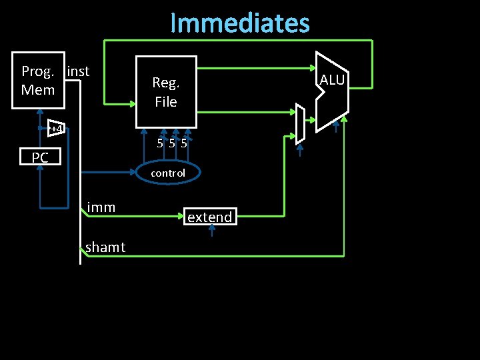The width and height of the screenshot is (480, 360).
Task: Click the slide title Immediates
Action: pyautogui.click(x=240, y=23)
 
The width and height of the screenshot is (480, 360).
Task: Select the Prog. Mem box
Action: pyautogui.click(x=39, y=80)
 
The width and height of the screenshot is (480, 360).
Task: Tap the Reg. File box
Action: pyautogui.click(x=166, y=92)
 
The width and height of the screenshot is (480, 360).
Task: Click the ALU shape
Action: pyautogui.click(x=331, y=91)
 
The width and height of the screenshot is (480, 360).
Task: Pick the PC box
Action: pyautogui.click(x=40, y=157)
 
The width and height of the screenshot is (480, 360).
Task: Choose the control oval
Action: pyautogui.click(x=168, y=173)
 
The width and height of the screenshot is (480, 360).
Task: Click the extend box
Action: pyautogui.click(x=210, y=217)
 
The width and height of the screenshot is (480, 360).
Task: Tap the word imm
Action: pyautogui.click(x=101, y=207)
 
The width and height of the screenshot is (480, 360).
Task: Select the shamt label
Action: pyautogui.click(x=105, y=247)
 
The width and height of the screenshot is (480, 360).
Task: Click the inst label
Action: pyautogui.click(x=79, y=71)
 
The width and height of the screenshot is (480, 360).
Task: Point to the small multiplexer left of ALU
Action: pyautogui.click(x=300, y=123)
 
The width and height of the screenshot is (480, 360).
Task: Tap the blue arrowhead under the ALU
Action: pyautogui.click(x=337, y=123)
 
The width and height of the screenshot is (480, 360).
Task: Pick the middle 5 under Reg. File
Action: pyautogui.click(x=172, y=143)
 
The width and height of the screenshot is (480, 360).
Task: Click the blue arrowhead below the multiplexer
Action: pyautogui.click(x=300, y=149)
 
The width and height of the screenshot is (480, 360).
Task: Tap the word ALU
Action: pyautogui.click(x=332, y=81)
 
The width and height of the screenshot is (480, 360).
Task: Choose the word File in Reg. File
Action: pyautogui.click(x=166, y=102)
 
